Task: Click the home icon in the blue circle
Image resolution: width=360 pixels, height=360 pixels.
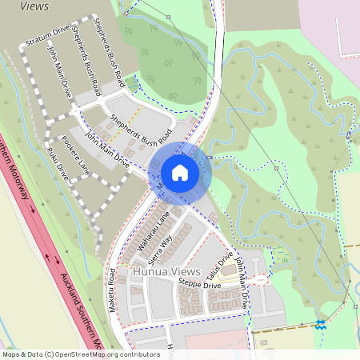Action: (180, 172)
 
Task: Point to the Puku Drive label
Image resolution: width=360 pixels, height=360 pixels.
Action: (58, 162)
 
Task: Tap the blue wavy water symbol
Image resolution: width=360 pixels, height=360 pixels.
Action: (320, 324)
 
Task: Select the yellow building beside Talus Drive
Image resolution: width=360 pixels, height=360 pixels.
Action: (230, 270)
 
